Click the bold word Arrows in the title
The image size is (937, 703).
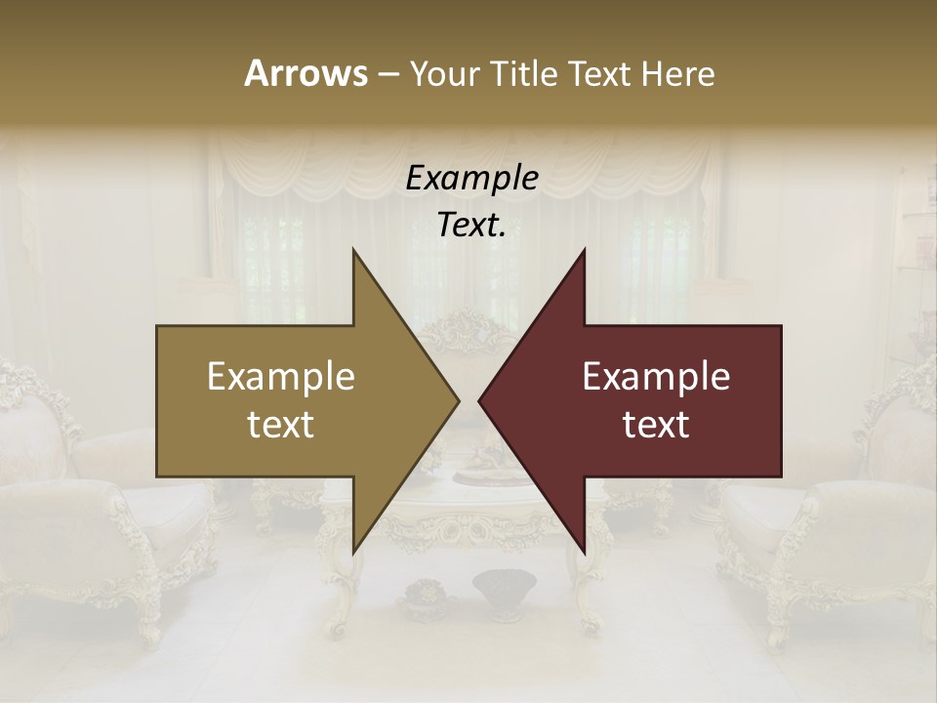pyautogui.click(x=306, y=72)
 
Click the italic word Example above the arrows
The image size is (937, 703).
pyautogui.click(x=471, y=178)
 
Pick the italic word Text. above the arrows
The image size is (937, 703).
pyautogui.click(x=471, y=225)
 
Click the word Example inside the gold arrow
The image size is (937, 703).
pyautogui.click(x=281, y=376)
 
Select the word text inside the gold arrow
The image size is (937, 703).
pyautogui.click(x=281, y=424)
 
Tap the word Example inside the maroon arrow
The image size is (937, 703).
pyautogui.click(x=656, y=376)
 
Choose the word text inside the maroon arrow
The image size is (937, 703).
pyautogui.click(x=656, y=424)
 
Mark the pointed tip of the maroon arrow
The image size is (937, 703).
pyautogui.click(x=480, y=400)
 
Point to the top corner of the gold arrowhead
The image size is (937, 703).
pyautogui.click(x=353, y=251)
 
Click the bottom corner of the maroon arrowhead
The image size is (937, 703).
pyautogui.click(x=584, y=553)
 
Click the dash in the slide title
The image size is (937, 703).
pyautogui.click(x=387, y=73)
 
